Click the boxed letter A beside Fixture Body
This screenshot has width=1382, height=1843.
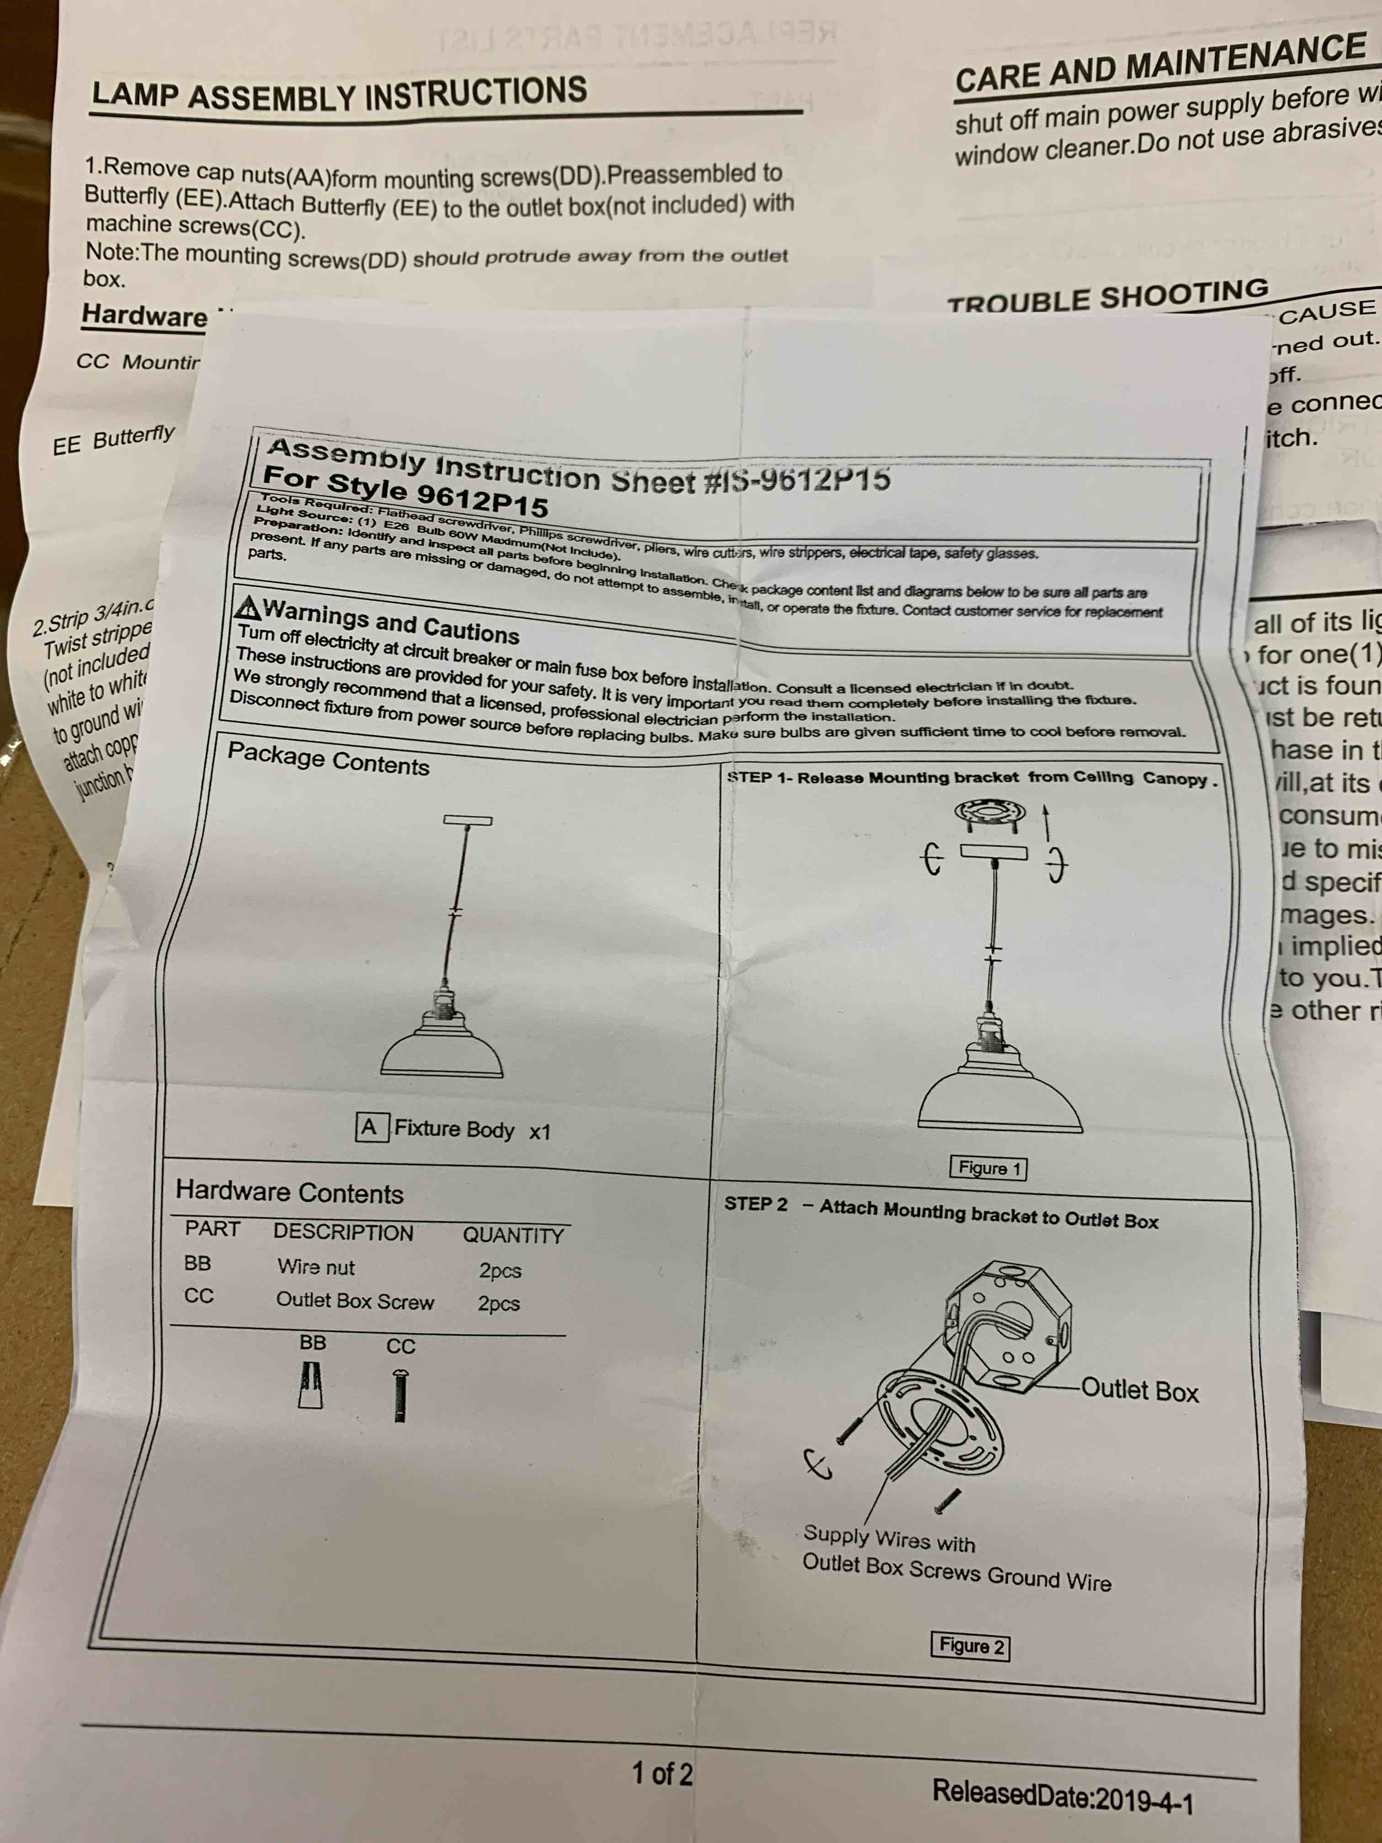[x=369, y=1127]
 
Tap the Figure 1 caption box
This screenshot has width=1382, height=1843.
[x=988, y=1168]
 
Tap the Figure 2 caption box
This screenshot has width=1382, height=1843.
[x=970, y=1646]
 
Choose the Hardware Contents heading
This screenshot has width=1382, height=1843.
[x=289, y=1192]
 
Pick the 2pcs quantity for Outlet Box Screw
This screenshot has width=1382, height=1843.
[x=498, y=1303]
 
